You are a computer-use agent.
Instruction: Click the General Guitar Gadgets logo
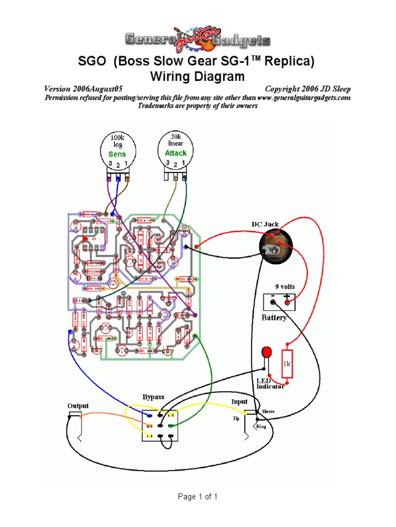pos(197,39)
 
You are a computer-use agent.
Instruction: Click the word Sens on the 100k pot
pos(117,154)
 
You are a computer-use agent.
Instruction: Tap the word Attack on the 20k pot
pos(175,153)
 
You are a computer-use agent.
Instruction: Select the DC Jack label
pos(265,224)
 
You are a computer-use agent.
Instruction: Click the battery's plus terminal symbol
pos(287,297)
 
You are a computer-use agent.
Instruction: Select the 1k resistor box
pos(287,363)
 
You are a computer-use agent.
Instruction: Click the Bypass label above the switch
pos(153,397)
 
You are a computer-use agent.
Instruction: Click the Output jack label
pos(78,406)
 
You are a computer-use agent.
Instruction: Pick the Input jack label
pos(239,401)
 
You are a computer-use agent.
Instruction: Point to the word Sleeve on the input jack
pos(269,412)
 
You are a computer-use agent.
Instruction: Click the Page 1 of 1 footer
pos(197,497)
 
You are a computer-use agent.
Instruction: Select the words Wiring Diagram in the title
pos(197,77)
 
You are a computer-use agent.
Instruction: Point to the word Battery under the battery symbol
pos(274,318)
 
